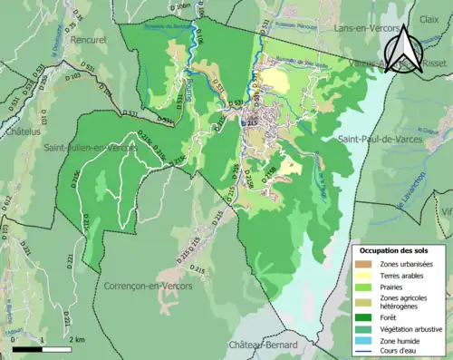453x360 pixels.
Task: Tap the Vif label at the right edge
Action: click(x=446, y=209)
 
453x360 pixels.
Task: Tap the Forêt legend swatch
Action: click(x=363, y=317)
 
